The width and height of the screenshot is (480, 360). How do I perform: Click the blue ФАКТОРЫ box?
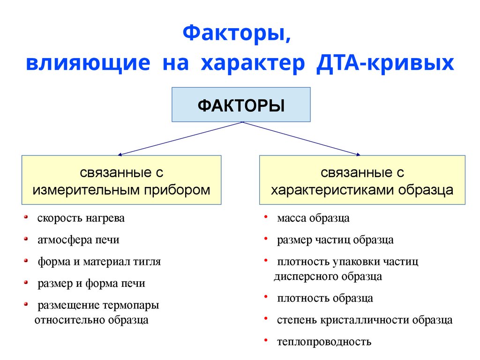(241, 104)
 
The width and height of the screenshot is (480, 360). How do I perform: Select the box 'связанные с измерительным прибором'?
(121, 180)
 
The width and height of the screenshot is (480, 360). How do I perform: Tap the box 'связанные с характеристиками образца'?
(362, 180)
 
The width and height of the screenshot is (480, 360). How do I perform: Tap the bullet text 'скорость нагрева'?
(81, 218)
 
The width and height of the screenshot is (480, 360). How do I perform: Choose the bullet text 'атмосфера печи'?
(78, 240)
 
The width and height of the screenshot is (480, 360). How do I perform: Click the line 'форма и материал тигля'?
(99, 262)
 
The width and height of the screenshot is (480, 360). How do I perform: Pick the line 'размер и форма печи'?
(91, 283)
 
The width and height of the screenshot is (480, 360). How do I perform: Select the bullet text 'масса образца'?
(313, 218)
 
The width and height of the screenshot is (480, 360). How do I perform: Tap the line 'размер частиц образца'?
(335, 240)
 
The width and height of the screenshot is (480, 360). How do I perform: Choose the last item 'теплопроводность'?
(324, 342)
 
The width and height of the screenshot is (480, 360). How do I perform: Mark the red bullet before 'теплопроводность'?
(266, 339)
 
